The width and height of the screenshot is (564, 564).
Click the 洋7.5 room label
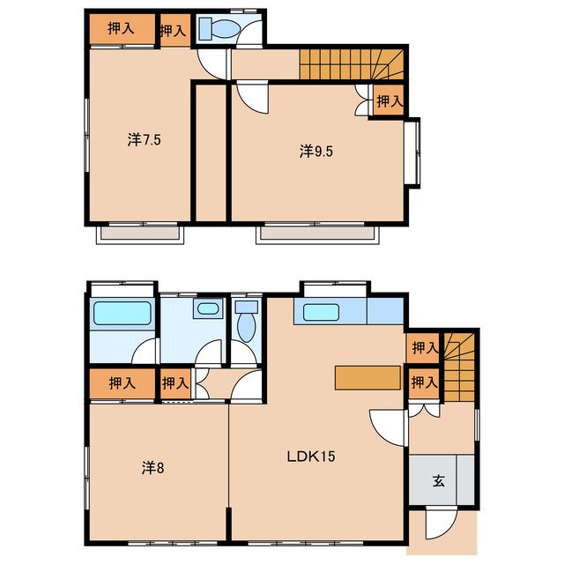tap(144, 139)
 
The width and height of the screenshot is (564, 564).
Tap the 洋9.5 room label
tap(316, 152)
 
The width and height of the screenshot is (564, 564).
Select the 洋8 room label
tap(152, 468)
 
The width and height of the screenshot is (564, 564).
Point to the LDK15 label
tap(311, 456)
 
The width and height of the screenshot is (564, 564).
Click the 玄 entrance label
tap(439, 480)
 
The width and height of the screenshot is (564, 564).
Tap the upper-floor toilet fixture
tap(219, 28)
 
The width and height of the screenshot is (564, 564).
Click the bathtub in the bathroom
tap(122, 313)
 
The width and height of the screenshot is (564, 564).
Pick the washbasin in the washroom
tap(208, 308)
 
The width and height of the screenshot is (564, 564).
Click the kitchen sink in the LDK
tap(321, 312)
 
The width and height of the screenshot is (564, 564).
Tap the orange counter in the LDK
tap(367, 378)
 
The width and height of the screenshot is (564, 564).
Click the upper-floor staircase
tap(352, 64)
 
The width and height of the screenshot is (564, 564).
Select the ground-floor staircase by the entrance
tap(459, 367)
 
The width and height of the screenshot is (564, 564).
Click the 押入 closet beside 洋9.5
tap(389, 101)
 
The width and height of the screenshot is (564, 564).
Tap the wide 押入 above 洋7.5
tap(122, 29)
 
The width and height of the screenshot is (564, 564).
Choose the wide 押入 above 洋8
tap(122, 383)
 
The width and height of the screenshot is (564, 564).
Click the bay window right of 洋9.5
tap(412, 152)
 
